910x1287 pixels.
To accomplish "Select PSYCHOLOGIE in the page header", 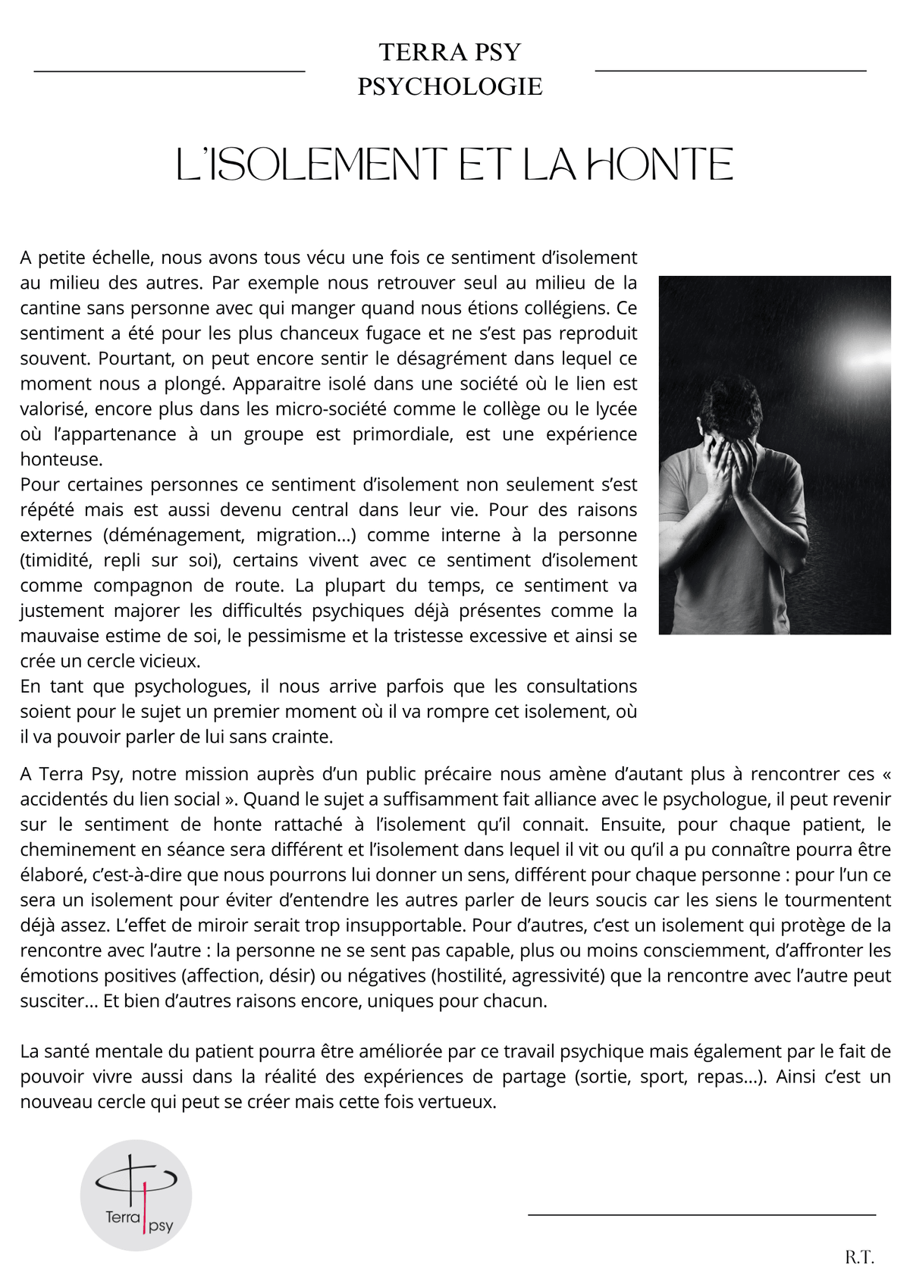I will pos(450,86).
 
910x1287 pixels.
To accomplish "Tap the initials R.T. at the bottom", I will pos(859,1257).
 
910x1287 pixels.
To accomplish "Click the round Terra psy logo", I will pos(136,1195).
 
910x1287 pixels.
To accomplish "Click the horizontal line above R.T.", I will pos(701,1215).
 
